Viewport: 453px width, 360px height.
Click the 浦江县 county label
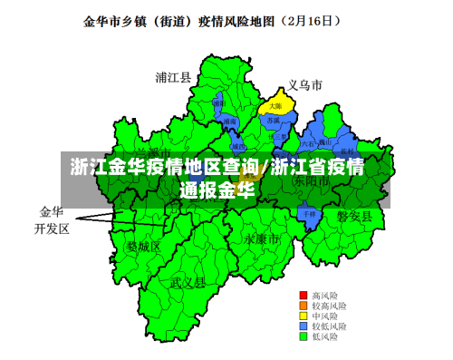173,77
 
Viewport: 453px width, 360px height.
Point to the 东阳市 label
311,181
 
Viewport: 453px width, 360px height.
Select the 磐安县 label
354,215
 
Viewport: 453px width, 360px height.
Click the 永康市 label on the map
261,238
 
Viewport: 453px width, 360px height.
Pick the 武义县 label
188,282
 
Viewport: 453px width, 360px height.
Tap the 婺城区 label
143,246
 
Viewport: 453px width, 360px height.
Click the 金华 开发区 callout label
52,220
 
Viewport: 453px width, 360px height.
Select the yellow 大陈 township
275,106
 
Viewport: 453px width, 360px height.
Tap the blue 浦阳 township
218,105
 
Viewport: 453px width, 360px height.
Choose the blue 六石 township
309,143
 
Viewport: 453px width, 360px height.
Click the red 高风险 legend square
304,296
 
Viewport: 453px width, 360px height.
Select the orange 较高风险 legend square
304,306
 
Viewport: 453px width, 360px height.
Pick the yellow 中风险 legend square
304,316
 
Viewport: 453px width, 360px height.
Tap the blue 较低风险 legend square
304,326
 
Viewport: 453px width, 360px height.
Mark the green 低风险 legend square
304,336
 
